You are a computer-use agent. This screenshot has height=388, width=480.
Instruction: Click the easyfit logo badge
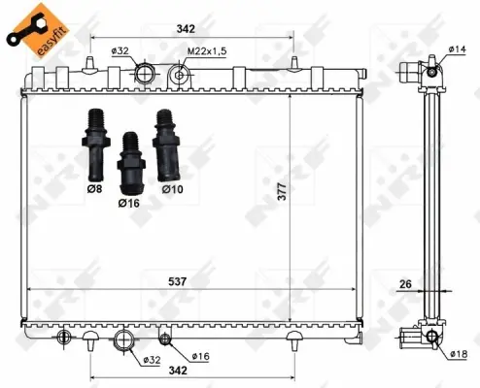coord(38,30)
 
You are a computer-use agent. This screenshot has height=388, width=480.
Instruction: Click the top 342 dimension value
coord(186,29)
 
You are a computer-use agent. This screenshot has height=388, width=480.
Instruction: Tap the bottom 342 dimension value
coord(178,371)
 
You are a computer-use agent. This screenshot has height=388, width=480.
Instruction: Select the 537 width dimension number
coord(177,281)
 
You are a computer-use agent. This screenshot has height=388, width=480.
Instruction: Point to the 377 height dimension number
coord(282,191)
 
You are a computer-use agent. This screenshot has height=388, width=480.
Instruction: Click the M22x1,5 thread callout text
coord(207,50)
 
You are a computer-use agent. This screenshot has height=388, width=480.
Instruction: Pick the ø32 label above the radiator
coord(120,50)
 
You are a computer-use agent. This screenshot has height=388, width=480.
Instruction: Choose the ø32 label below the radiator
coord(152,360)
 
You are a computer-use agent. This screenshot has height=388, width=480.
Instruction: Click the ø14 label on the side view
coord(457,49)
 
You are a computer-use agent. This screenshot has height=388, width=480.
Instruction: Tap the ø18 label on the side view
coord(458,354)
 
